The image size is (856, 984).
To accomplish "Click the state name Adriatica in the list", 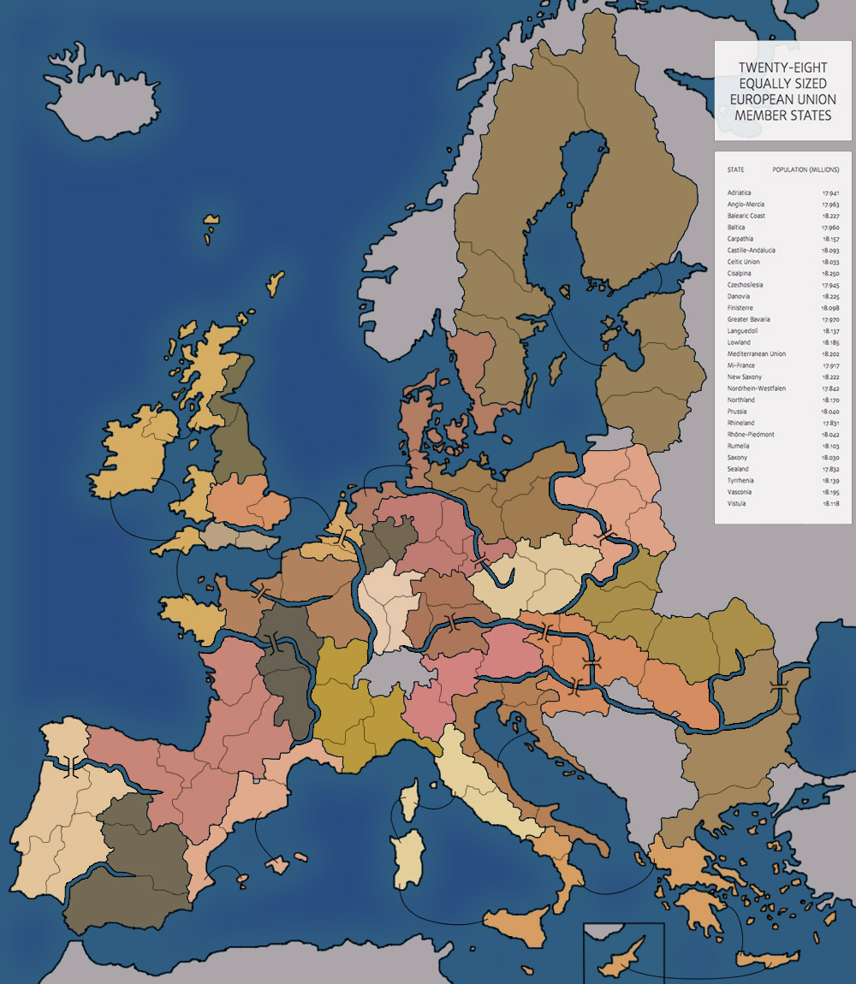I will click(x=739, y=193).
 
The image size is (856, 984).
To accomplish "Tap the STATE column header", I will click(x=735, y=170).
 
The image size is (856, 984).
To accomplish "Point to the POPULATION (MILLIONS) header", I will click(x=805, y=170).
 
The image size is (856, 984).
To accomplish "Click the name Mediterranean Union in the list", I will click(x=756, y=354).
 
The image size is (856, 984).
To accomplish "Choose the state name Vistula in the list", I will click(x=736, y=504).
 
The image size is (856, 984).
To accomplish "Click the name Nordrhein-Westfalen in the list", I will click(x=756, y=388).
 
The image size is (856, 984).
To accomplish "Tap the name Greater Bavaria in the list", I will click(x=750, y=320).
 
